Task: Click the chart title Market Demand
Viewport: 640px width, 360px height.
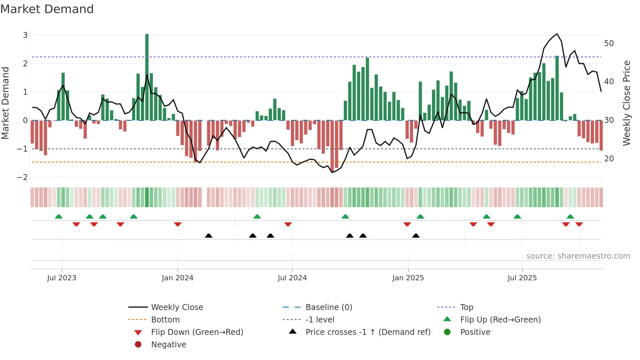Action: pyautogui.click(x=47, y=9)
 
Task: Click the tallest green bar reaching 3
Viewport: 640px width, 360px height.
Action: pyautogui.click(x=147, y=77)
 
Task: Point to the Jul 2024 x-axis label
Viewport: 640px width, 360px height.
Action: pyautogui.click(x=292, y=278)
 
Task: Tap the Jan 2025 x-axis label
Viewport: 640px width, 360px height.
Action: pyautogui.click(x=408, y=278)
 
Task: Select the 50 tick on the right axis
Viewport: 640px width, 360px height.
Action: pyautogui.click(x=609, y=43)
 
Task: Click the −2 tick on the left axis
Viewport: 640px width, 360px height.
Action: pyautogui.click(x=23, y=177)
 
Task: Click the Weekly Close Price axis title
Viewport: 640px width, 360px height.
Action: pyautogui.click(x=626, y=103)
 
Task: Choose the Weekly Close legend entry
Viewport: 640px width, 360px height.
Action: pyautogui.click(x=177, y=307)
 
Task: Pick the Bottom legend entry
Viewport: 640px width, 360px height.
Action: pyautogui.click(x=165, y=320)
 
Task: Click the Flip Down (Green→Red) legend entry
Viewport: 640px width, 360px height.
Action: pyautogui.click(x=197, y=332)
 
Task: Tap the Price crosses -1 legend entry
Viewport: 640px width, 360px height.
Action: pyautogui.click(x=368, y=332)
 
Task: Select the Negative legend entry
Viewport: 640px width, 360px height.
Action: pyautogui.click(x=168, y=345)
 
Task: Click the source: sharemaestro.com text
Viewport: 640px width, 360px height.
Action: pyautogui.click(x=578, y=256)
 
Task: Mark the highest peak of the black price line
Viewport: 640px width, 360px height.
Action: pyautogui.click(x=557, y=34)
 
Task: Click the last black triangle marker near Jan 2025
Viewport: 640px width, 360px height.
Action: pyautogui.click(x=416, y=236)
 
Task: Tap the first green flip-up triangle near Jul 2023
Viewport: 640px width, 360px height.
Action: pyautogui.click(x=59, y=217)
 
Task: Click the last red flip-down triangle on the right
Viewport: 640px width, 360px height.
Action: pyautogui.click(x=579, y=224)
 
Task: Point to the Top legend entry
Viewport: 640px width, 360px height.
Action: pyautogui.click(x=467, y=307)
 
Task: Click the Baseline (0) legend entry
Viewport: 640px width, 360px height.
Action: pyautogui.click(x=328, y=307)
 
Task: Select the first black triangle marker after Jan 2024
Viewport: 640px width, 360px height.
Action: pyautogui.click(x=209, y=236)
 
